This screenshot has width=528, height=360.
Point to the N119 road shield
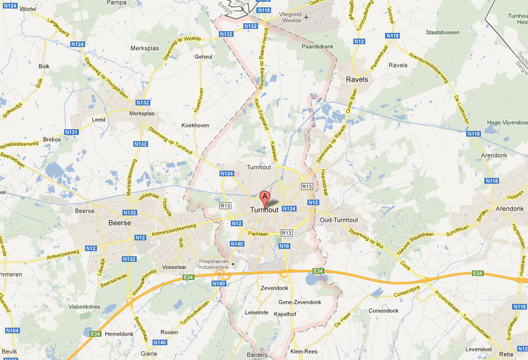[x=263, y=10]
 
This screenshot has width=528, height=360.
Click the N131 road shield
[x=71, y=132]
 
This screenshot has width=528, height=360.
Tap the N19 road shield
[x=284, y=245]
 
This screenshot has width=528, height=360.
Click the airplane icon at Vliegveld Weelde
[x=307, y=16]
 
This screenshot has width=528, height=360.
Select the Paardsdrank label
[x=315, y=46]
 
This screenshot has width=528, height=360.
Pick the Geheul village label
[x=203, y=57]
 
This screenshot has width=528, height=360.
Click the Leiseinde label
[x=256, y=312]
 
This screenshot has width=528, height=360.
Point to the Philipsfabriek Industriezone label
[x=213, y=264]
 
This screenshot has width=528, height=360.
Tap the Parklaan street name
[x=258, y=233]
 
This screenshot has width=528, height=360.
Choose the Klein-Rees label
[x=303, y=351]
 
